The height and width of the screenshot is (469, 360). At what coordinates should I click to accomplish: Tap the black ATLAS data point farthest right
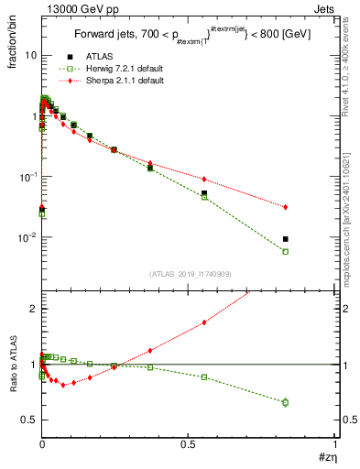pyautogui.click(x=286, y=239)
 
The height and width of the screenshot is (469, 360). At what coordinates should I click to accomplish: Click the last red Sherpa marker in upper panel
pyautogui.click(x=286, y=207)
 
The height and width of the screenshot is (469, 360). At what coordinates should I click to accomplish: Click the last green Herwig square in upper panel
pyautogui.click(x=286, y=251)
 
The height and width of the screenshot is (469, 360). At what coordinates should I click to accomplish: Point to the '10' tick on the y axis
pyautogui.click(x=29, y=55)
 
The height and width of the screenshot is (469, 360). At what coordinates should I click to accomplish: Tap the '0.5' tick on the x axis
pyautogui.click(x=189, y=442)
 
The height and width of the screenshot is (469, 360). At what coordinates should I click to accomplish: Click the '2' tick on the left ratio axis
pyautogui.click(x=32, y=309)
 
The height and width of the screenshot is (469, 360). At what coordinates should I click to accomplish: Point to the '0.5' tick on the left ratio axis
pyautogui.click(x=27, y=420)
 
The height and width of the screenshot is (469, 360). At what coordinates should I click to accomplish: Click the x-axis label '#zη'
pyautogui.click(x=327, y=456)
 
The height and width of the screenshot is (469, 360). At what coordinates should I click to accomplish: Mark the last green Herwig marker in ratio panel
pyautogui.click(x=286, y=402)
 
